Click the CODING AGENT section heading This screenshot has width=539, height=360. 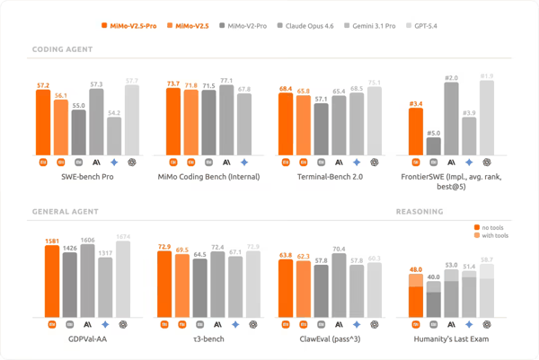[63, 50]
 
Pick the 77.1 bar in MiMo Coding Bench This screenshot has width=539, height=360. [226, 119]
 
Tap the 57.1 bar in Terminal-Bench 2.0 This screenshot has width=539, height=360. [322, 128]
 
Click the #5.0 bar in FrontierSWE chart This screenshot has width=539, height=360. [434, 145]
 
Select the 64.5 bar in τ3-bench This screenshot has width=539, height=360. [199, 287]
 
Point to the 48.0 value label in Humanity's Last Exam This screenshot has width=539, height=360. [416, 269]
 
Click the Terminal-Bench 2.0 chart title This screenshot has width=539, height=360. [331, 177]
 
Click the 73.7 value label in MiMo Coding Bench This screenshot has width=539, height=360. [173, 83]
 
